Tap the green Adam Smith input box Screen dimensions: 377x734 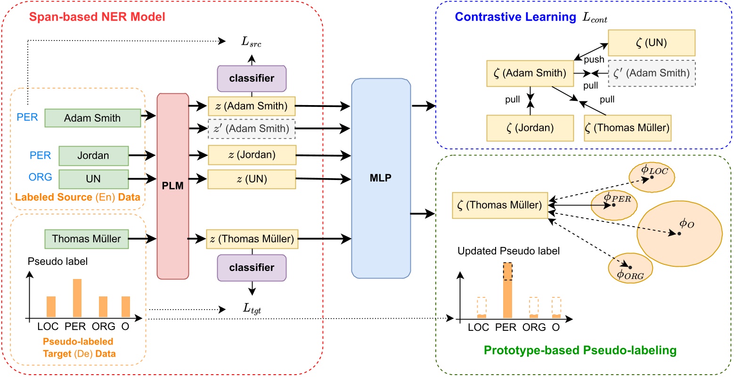point(93,118)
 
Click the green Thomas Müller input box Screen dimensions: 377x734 point(87,238)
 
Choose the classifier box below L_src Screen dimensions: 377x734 point(252,78)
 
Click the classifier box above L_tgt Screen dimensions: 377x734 point(252,268)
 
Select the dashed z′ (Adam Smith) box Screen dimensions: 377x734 point(252,128)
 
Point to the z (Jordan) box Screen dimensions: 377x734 point(252,155)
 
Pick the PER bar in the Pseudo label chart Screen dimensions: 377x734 point(77,298)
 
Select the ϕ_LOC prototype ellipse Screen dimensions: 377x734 point(652,175)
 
